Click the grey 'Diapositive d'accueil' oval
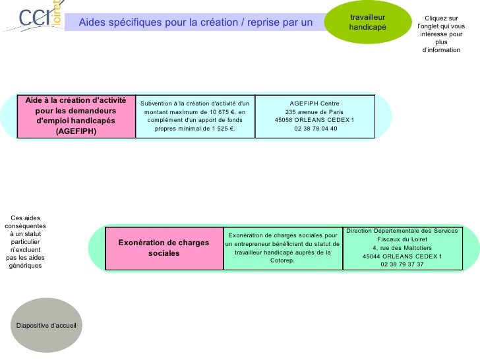(x=46, y=326)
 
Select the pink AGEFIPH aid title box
(x=76, y=116)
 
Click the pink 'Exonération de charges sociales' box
(x=164, y=248)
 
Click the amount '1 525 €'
(x=221, y=129)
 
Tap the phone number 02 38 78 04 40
(x=315, y=129)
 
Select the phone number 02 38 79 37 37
(x=402, y=264)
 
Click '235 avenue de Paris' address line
(x=315, y=111)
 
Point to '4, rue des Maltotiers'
(x=402, y=247)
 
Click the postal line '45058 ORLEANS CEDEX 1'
(x=315, y=120)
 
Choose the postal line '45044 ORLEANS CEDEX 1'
(x=402, y=256)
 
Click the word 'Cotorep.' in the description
(x=282, y=260)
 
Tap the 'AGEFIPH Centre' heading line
(x=315, y=103)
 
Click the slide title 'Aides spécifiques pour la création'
(x=195, y=23)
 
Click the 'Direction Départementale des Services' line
(x=402, y=230)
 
